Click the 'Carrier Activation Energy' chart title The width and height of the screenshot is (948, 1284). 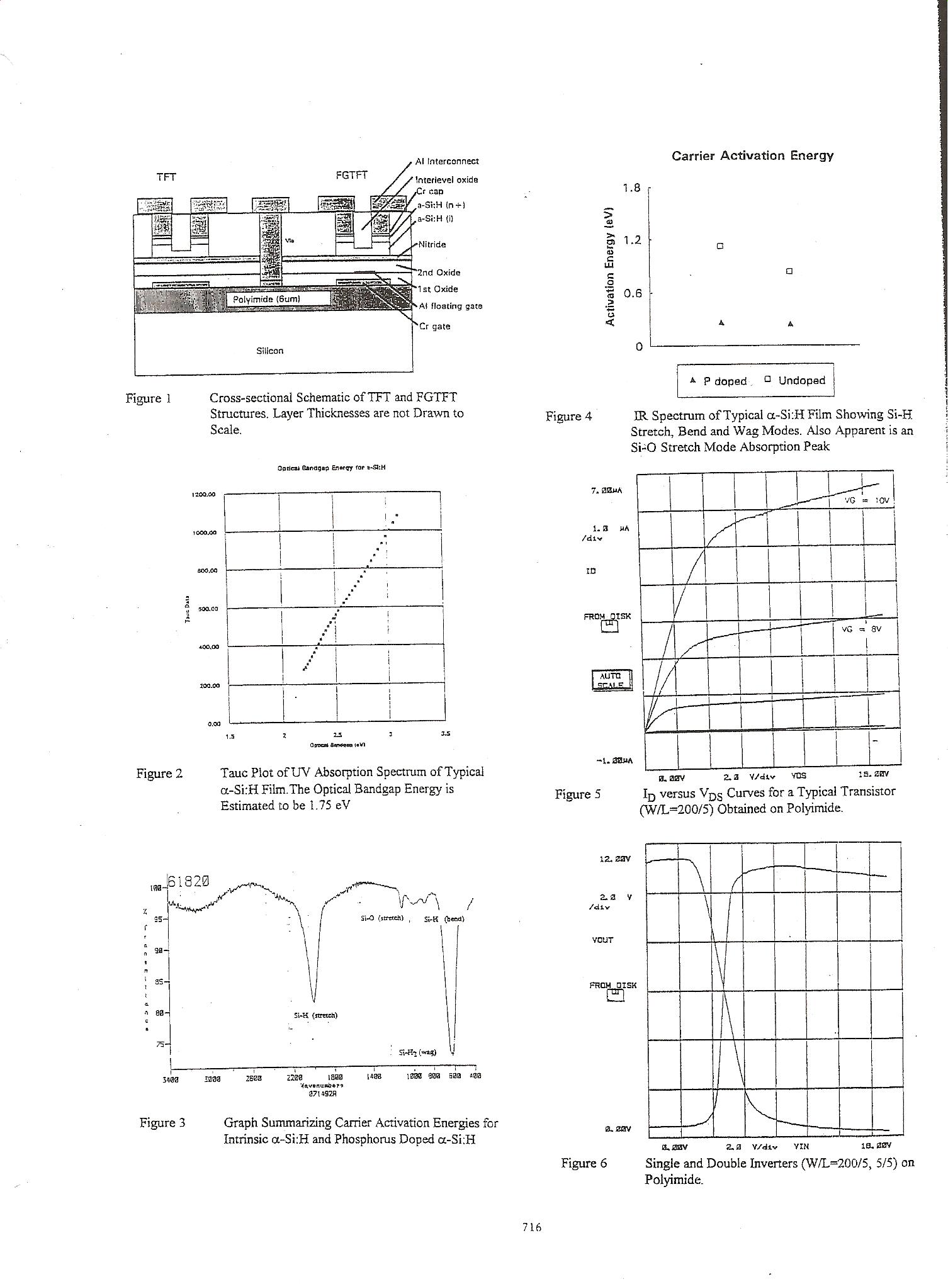pos(752,156)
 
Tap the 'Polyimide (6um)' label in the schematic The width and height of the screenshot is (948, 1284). pos(271,299)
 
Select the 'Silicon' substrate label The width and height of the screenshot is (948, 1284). pos(270,351)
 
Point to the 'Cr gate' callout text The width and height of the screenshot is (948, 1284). pos(435,326)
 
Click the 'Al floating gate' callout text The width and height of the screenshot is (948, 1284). pos(451,306)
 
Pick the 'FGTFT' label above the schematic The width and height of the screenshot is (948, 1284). pos(352,176)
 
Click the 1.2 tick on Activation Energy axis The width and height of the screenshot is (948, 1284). pos(631,240)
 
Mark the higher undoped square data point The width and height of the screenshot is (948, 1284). pos(721,245)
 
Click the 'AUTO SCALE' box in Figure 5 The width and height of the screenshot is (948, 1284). pos(611,680)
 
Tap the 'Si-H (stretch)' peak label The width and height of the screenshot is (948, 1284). pos(316,1015)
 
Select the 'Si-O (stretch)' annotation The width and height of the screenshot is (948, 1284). pos(381,918)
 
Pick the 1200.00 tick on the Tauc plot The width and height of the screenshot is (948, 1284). pos(204,495)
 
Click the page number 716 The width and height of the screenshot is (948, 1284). pos(532,1226)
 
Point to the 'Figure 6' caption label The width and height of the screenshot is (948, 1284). pos(584,1163)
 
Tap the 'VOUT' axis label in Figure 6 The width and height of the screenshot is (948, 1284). pos(602,940)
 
